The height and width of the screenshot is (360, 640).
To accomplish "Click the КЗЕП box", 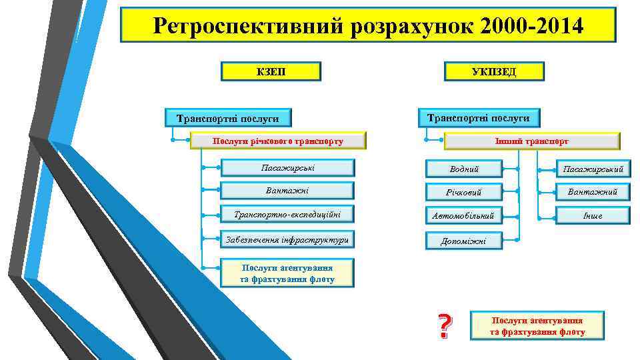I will tap(271, 71).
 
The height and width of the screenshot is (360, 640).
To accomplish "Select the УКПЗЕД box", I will tap(494, 71).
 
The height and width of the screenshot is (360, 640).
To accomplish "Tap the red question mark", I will tap(443, 326).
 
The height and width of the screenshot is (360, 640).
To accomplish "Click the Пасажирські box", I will tap(287, 167).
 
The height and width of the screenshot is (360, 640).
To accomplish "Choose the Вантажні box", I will tap(287, 191).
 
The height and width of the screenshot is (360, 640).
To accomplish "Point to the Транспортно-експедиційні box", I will tap(287, 215).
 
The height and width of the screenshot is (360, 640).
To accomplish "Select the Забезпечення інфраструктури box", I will tap(287, 239).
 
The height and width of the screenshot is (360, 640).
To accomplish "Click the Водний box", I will tap(464, 169).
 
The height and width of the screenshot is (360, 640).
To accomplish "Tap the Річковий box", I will tap(464, 193).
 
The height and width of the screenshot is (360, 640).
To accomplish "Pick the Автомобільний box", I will tap(464, 216).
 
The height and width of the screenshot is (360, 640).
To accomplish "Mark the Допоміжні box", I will tap(464, 241).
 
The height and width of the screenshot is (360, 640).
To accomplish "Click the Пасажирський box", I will tap(593, 169).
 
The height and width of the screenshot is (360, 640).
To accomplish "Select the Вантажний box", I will tap(593, 192).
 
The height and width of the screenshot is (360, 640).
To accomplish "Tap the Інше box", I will tap(593, 215).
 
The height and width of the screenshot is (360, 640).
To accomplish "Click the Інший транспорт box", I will tap(531, 141).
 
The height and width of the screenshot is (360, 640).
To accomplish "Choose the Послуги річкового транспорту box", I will tap(278, 141).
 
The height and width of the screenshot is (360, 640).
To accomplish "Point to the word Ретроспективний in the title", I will tap(244, 26).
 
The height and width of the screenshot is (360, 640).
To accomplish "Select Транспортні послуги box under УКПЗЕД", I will tap(478, 117).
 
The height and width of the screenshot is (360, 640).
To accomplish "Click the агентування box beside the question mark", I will tap(537, 326).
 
